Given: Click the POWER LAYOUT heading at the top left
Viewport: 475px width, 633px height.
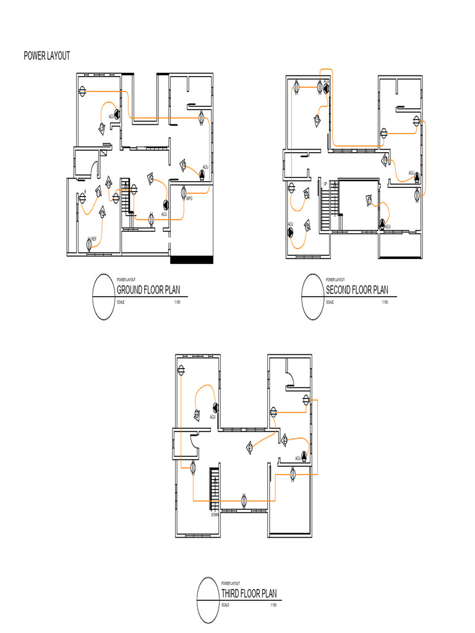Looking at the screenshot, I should click(x=47, y=56).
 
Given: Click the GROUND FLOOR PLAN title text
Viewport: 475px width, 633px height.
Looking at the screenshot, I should click(x=148, y=291).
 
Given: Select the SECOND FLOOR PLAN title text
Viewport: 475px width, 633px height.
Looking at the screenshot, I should click(x=357, y=291).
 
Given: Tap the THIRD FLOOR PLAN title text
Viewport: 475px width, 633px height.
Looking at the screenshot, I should click(x=249, y=593).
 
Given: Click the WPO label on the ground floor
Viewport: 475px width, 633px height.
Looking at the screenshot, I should click(x=189, y=198).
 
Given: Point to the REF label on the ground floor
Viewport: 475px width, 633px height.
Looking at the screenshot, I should click(x=94, y=238).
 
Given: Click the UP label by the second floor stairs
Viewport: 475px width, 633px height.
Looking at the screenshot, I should click(x=325, y=184).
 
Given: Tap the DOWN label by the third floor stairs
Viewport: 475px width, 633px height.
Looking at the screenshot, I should click(x=215, y=514).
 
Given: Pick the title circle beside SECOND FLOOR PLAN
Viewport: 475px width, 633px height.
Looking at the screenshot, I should click(x=314, y=297).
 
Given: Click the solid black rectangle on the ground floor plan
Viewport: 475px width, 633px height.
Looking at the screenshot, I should click(x=191, y=260).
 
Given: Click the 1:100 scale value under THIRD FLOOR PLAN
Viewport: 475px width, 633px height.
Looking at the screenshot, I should click(x=273, y=605).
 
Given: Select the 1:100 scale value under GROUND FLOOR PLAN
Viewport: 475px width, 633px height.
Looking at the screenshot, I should click(x=177, y=302).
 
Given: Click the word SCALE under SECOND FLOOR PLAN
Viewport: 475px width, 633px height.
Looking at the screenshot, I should click(x=330, y=302).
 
